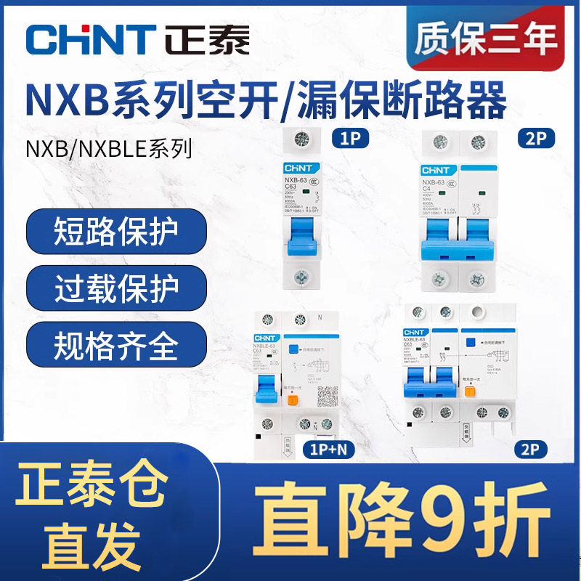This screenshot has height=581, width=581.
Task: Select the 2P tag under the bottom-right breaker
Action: click(527, 447)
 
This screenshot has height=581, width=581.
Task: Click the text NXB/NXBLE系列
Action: click(110, 150)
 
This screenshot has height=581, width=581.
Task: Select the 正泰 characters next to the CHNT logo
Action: click(207, 38)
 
